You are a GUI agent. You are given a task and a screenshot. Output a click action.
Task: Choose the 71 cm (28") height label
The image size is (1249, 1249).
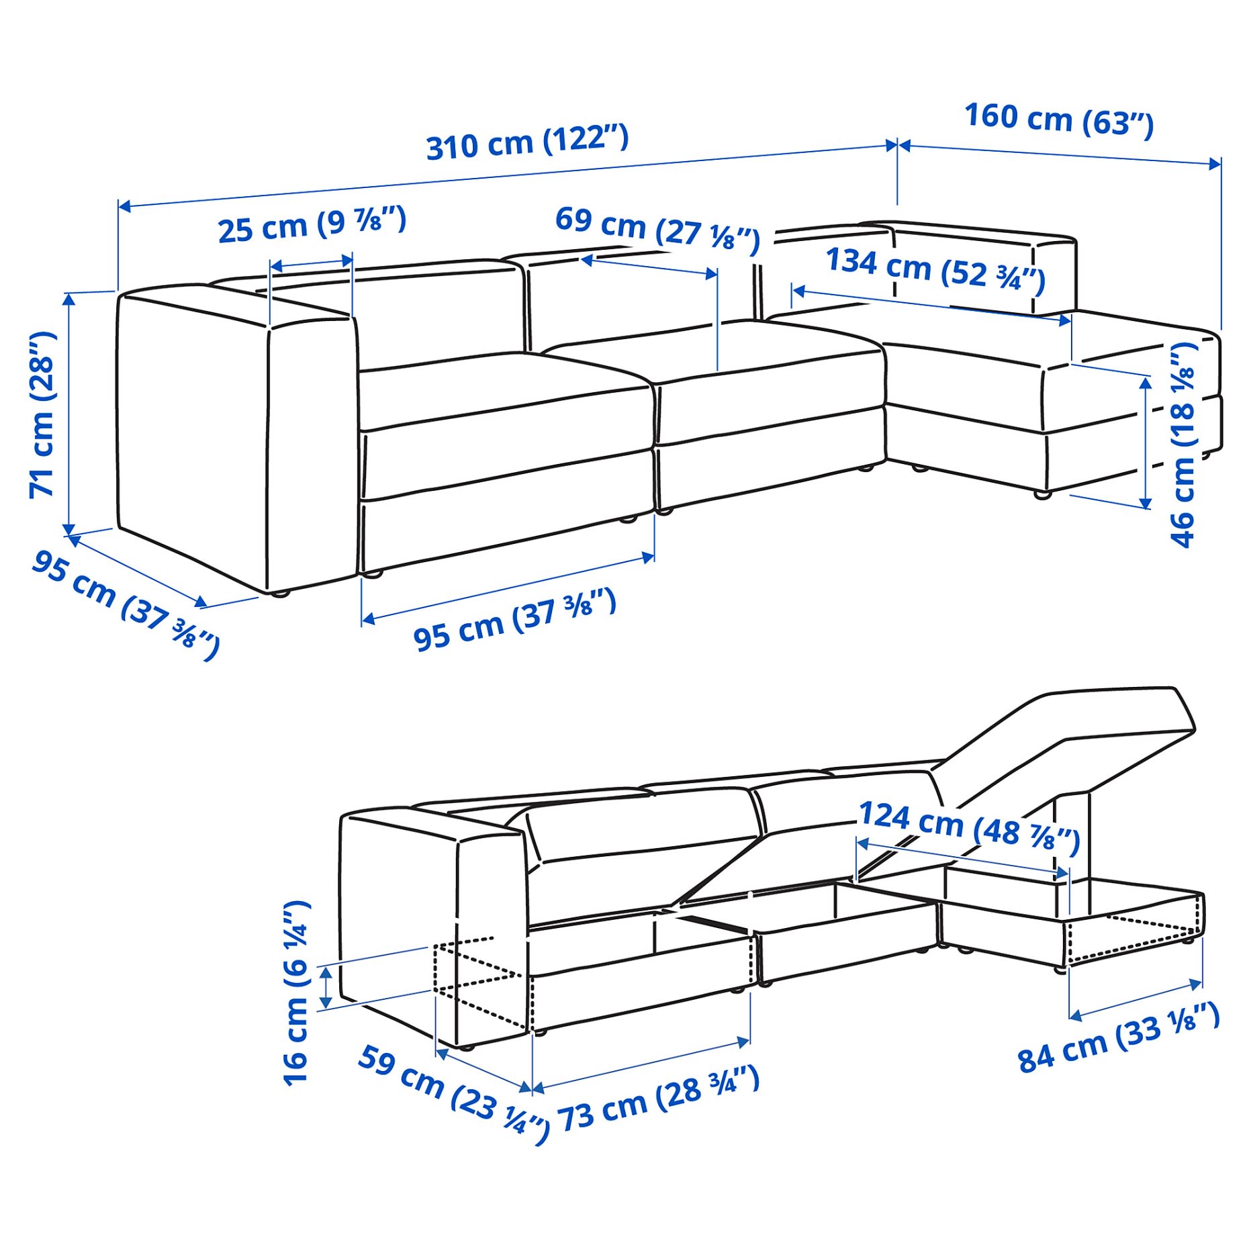[x=42, y=414]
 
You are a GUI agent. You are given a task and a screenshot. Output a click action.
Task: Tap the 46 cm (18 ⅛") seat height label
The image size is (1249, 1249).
[x=1183, y=444]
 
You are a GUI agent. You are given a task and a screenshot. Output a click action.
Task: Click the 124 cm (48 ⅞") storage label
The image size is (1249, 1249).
[x=969, y=827]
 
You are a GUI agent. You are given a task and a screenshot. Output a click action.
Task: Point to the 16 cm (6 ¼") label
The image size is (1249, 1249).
[x=295, y=994]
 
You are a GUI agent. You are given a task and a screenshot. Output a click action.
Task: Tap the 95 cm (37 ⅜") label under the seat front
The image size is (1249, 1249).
[x=514, y=619]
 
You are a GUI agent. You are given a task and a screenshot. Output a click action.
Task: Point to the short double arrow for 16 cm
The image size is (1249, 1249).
[x=326, y=986]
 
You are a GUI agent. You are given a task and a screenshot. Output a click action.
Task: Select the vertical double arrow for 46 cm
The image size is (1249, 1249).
[x=1146, y=443]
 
